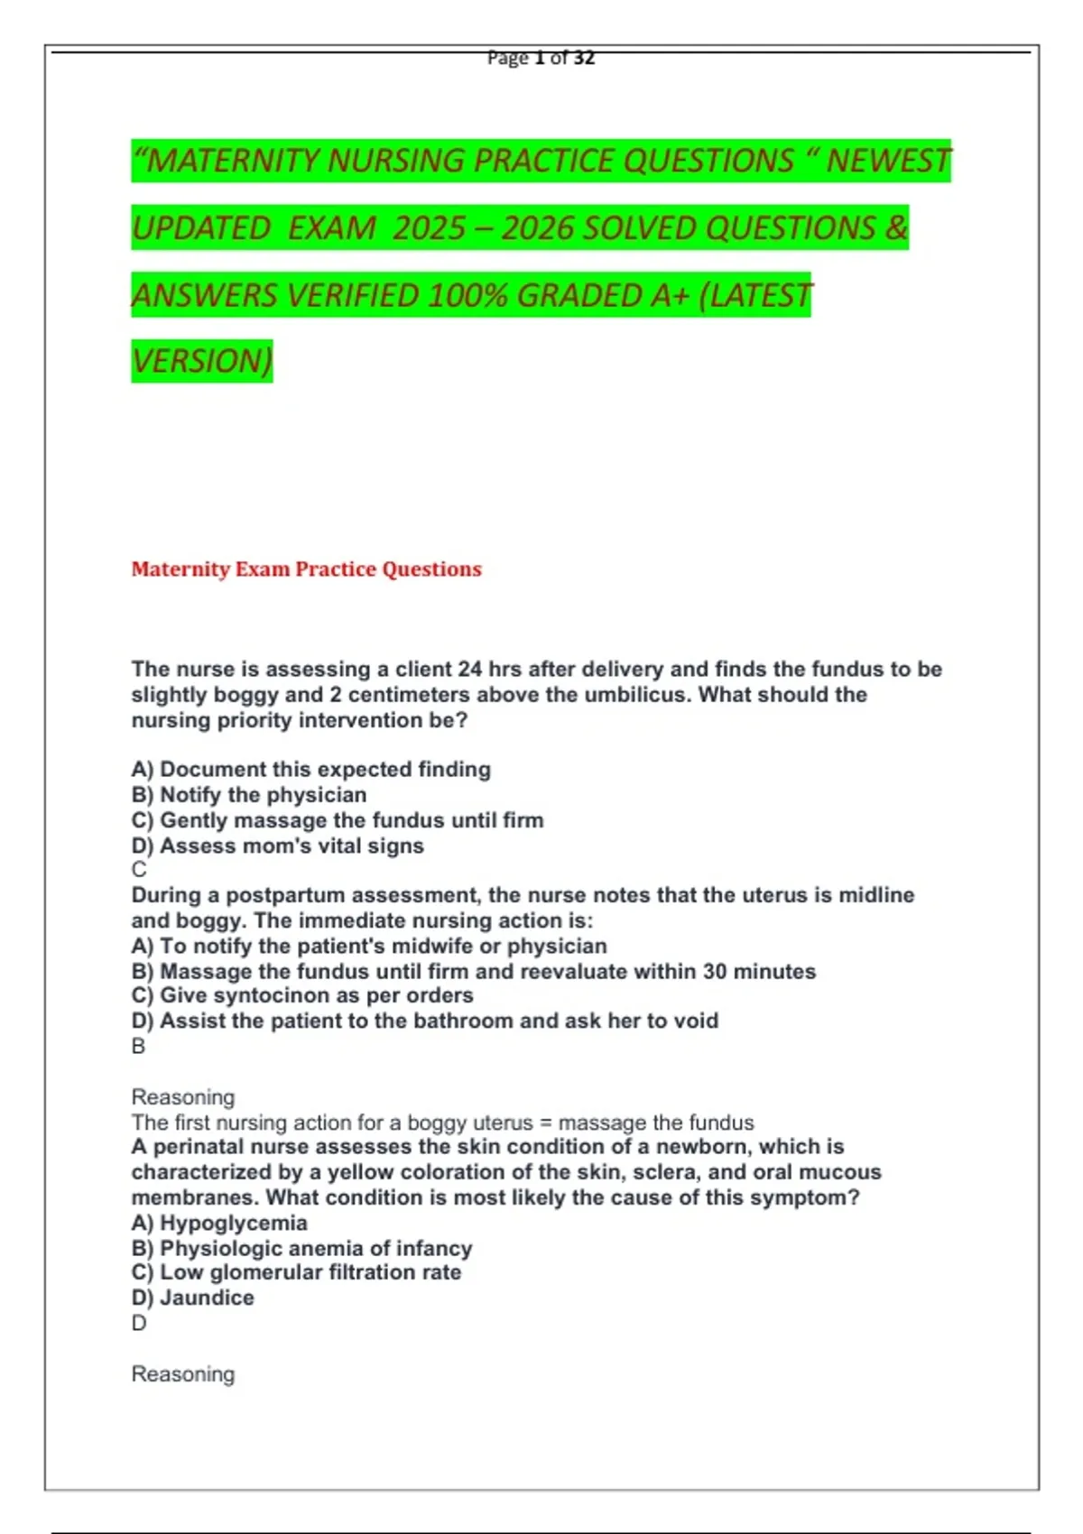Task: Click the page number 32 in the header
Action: pos(584,58)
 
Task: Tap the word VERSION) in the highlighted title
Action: pos(201,361)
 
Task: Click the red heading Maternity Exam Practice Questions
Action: pos(306,569)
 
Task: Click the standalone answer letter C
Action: pos(139,870)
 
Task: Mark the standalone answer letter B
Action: pos(138,1046)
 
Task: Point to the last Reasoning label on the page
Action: pos(183,1374)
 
